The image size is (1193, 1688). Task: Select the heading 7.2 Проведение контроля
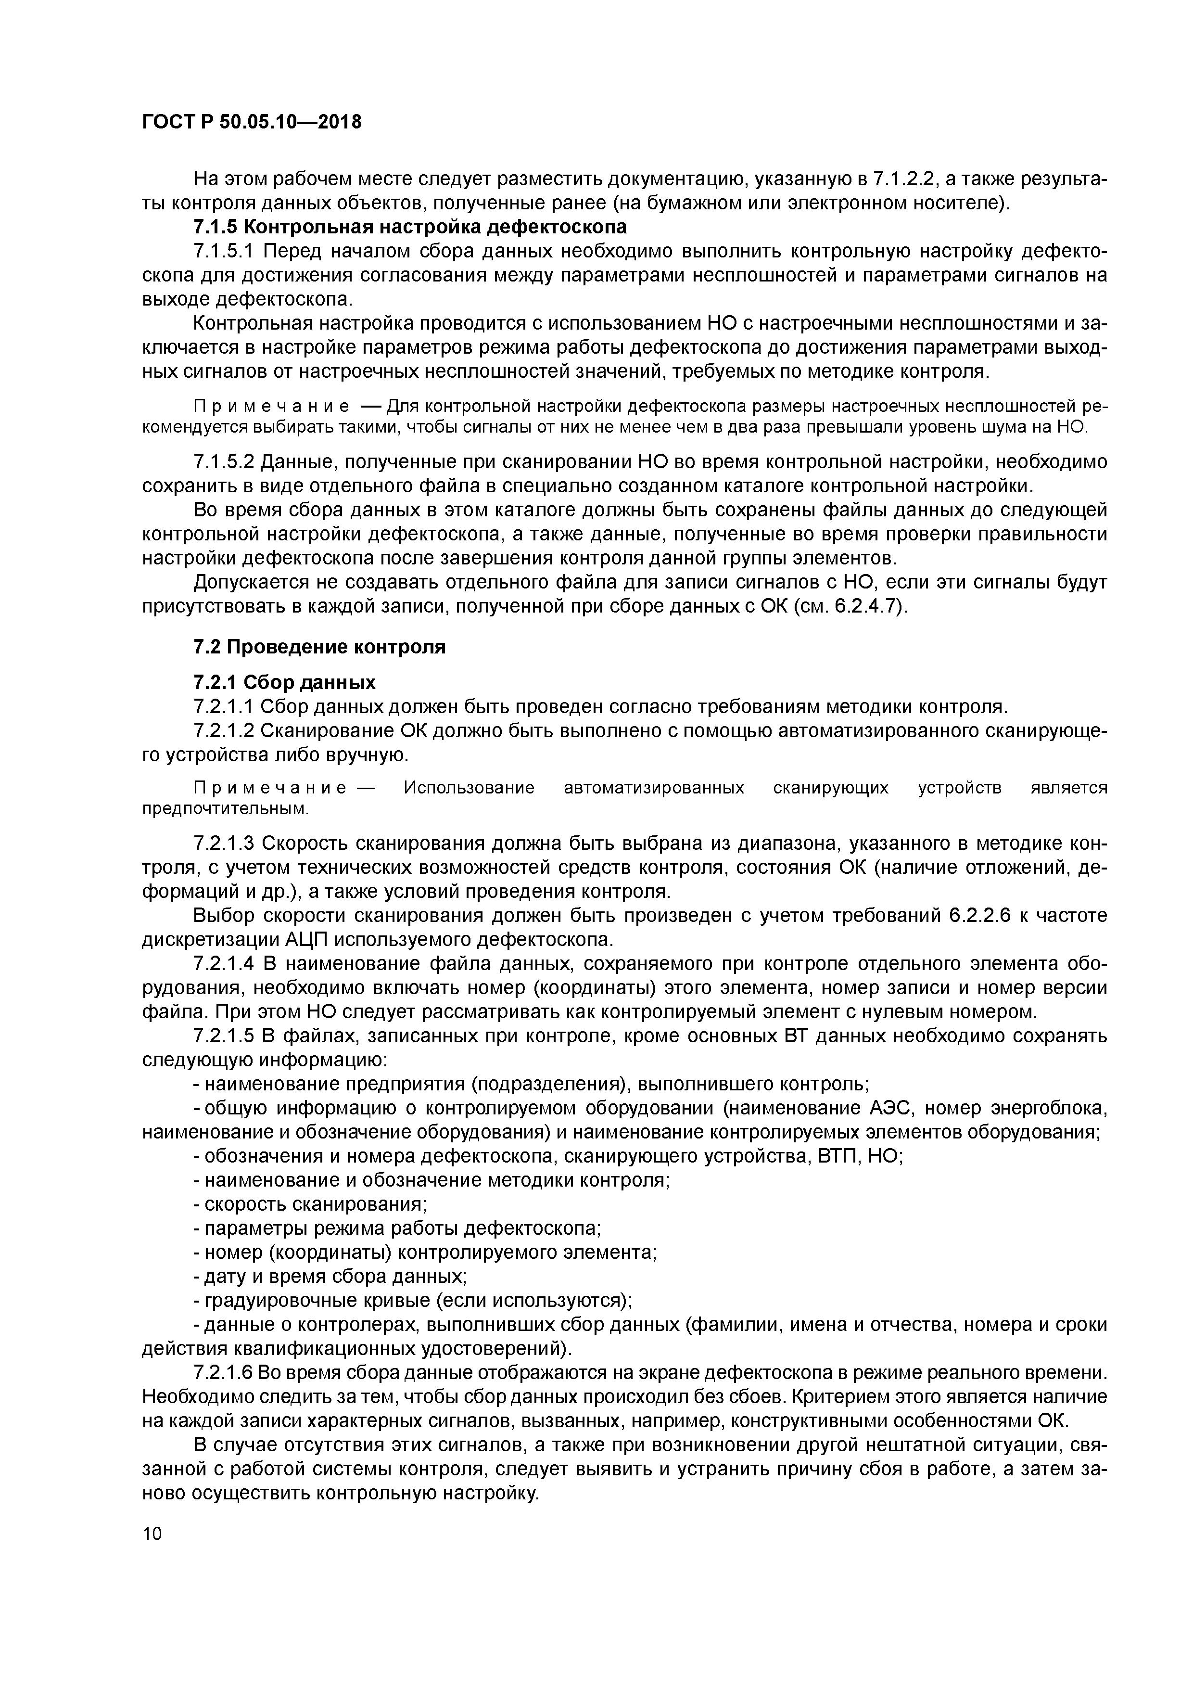tap(319, 647)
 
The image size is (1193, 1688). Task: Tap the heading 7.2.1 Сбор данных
tap(284, 682)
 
